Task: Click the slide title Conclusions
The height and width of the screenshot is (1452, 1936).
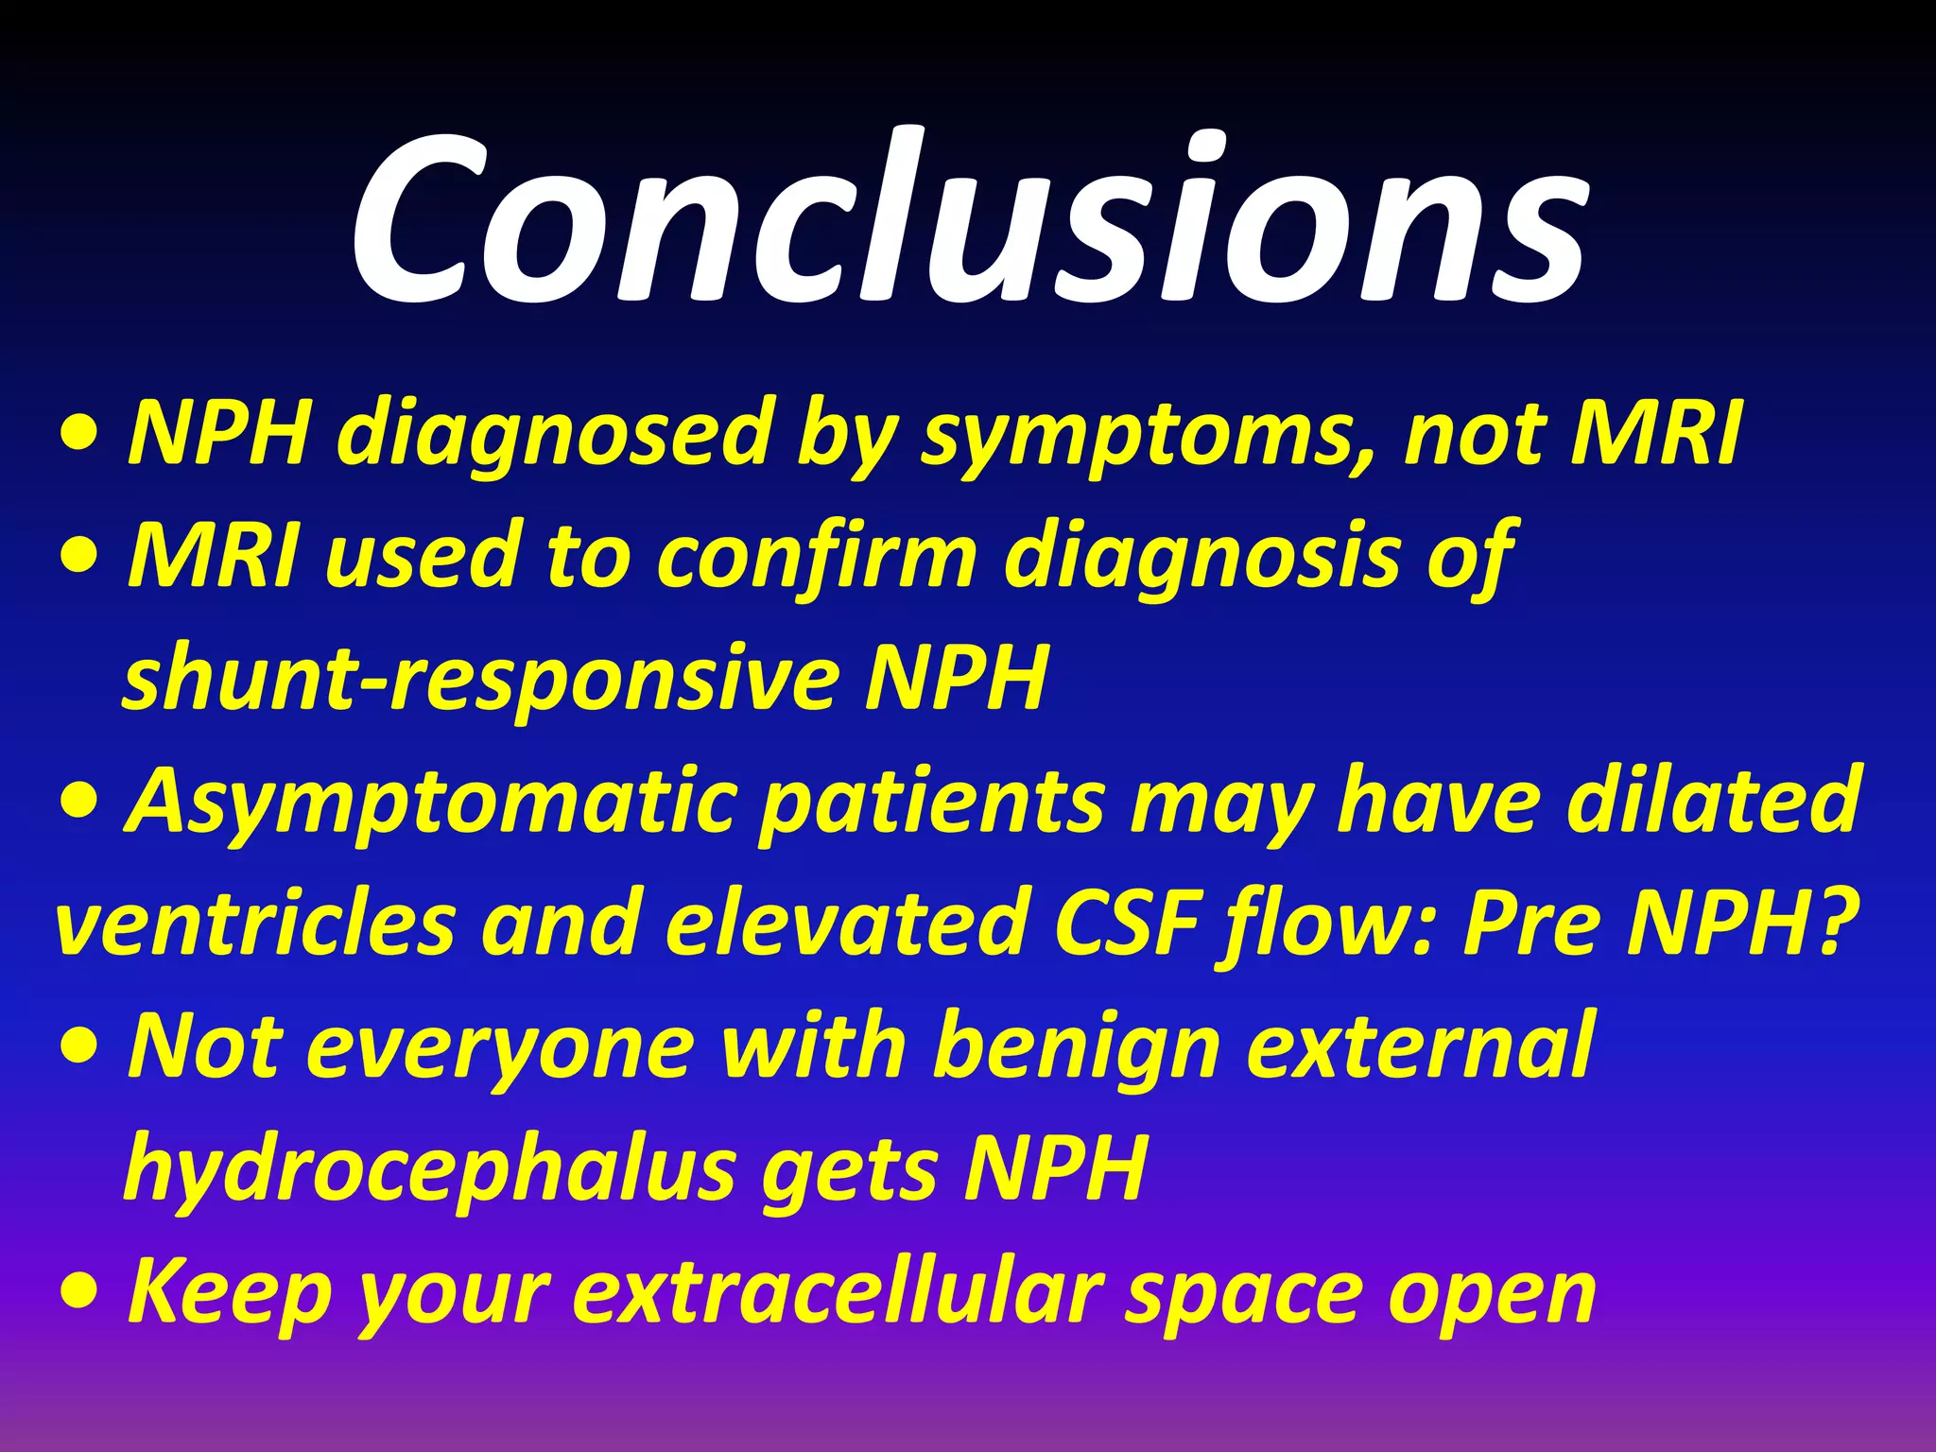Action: pyautogui.click(x=968, y=222)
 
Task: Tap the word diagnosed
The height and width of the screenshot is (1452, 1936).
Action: pyautogui.click(x=558, y=435)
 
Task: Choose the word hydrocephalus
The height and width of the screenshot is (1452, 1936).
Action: pyautogui.click(x=430, y=1170)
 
